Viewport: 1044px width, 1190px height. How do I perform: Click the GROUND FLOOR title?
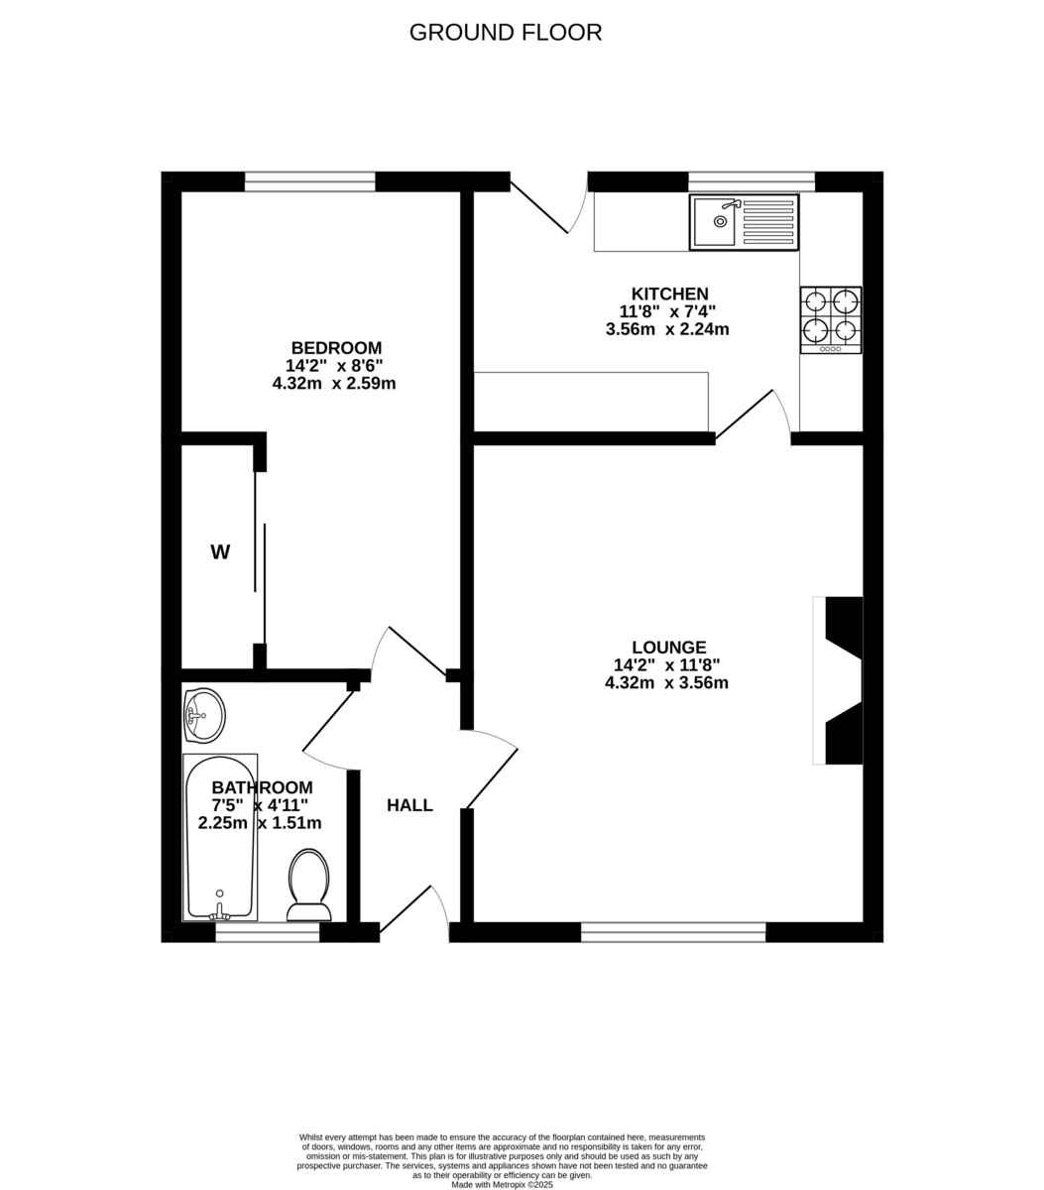click(506, 33)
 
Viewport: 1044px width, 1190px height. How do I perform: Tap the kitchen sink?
click(744, 222)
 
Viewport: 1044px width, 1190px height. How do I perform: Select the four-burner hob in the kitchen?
click(831, 319)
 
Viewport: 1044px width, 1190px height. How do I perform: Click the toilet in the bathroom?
click(308, 886)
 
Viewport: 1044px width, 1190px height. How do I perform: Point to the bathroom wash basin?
click(204, 715)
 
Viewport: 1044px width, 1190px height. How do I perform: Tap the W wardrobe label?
click(220, 552)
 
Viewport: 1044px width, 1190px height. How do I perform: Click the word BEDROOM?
click(336, 348)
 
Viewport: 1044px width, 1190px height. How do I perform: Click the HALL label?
click(409, 805)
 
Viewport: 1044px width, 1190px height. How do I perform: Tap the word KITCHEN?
click(670, 294)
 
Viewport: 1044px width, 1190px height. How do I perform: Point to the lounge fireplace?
click(841, 680)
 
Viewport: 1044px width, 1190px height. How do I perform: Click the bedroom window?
click(310, 181)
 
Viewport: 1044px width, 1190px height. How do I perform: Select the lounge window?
click(673, 931)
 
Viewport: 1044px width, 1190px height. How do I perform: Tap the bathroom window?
click(268, 931)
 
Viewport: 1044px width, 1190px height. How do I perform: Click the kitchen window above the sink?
click(752, 181)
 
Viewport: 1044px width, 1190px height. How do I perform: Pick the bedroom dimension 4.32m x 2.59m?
click(334, 383)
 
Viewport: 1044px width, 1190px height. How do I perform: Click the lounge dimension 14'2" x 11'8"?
click(666, 665)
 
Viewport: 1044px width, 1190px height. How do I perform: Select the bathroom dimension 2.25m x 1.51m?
click(260, 823)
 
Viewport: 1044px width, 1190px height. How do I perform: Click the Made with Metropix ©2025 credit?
click(502, 1184)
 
